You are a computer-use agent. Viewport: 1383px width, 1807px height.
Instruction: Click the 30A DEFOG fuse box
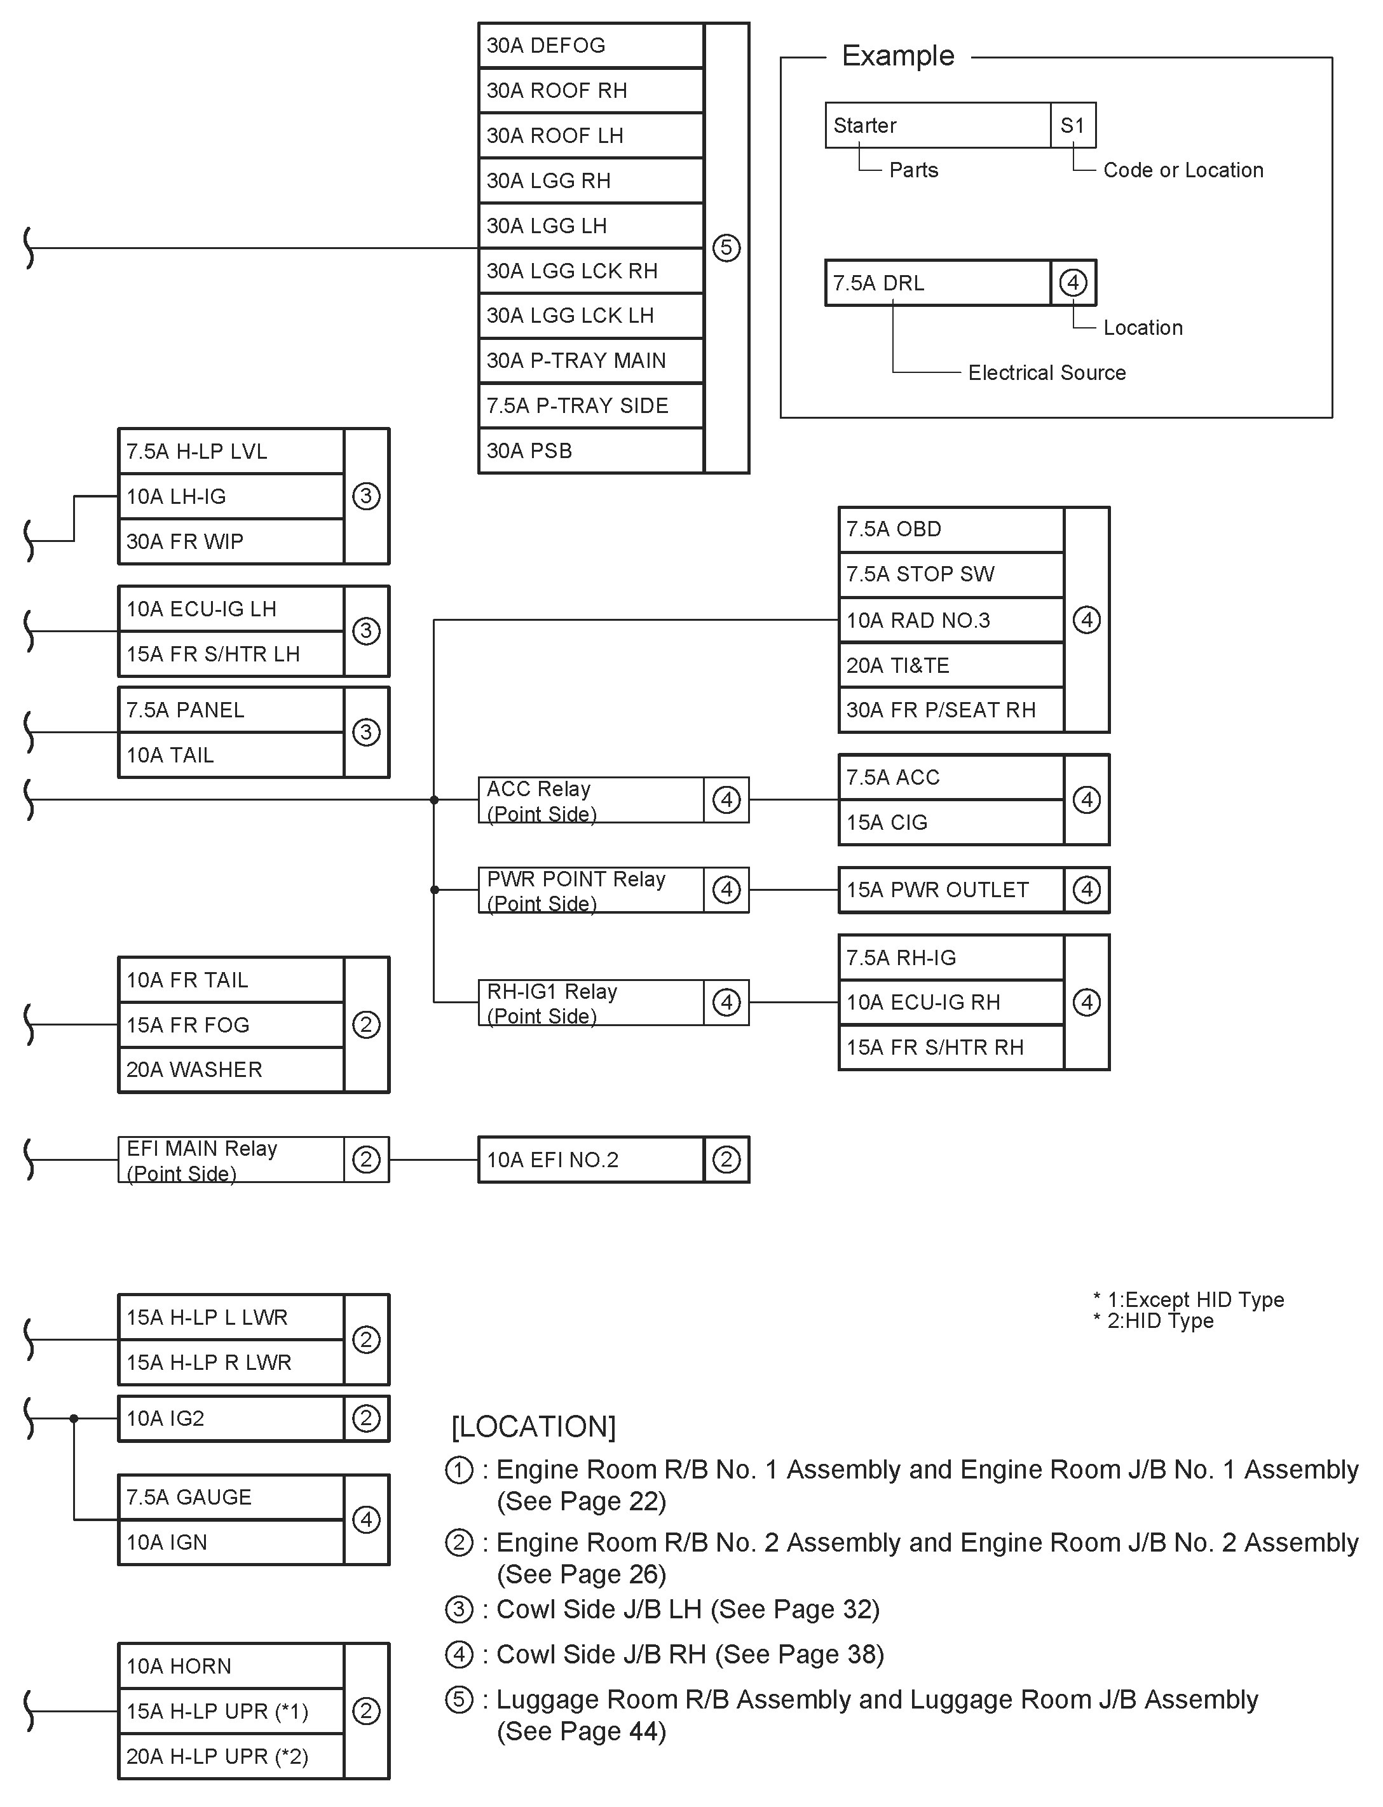(590, 45)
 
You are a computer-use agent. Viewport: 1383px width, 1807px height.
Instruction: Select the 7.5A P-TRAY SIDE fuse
(590, 405)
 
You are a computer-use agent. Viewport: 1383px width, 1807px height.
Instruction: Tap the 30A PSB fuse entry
(590, 451)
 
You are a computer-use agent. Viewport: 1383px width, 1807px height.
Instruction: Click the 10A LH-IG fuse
(231, 496)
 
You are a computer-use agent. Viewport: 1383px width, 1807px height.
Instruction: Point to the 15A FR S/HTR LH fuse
(231, 654)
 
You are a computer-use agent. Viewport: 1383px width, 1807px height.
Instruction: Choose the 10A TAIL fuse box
(231, 755)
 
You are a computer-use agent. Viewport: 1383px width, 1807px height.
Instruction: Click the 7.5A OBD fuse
(951, 529)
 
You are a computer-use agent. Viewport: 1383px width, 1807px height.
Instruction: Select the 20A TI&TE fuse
(951, 665)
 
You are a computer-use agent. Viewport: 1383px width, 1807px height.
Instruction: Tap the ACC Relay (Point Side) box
(590, 800)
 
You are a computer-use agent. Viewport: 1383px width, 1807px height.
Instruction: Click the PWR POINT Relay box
(590, 890)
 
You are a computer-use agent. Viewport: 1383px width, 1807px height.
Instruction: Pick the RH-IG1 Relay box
(590, 1002)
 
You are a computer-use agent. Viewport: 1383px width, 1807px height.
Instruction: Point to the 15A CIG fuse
(951, 823)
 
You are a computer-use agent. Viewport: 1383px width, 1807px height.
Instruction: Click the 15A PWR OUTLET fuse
(951, 890)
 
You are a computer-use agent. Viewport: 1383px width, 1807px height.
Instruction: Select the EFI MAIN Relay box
(231, 1160)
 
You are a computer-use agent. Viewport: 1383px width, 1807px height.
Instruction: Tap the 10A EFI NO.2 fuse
(590, 1160)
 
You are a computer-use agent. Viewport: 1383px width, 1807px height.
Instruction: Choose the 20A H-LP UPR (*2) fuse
(231, 1757)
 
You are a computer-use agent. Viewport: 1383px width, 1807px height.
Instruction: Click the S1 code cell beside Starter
(1073, 126)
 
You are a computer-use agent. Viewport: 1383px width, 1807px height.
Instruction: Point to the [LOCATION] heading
(533, 1426)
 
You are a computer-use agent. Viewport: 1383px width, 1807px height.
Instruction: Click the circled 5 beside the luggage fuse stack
(726, 248)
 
